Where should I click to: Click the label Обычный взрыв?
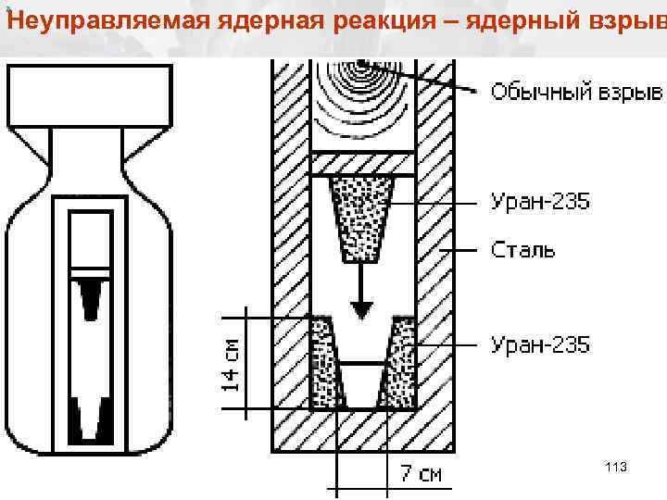point(576,92)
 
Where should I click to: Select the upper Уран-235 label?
point(539,202)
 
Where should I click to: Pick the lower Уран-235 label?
point(539,345)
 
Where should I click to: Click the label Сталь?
point(522,250)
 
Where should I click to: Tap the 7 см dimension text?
point(421,474)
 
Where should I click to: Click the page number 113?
point(615,468)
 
